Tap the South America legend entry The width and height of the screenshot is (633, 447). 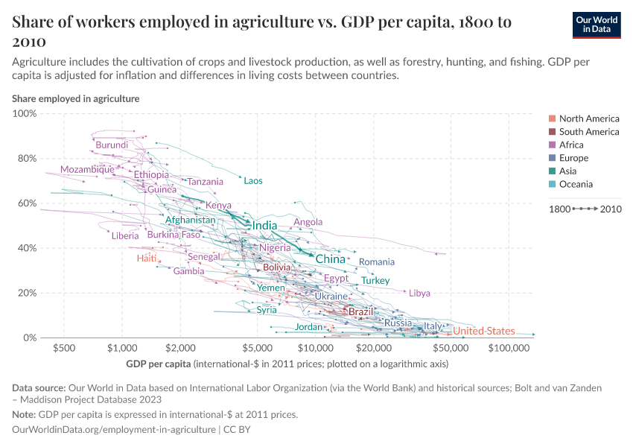[588, 132]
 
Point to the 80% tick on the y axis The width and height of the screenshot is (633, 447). [27, 159]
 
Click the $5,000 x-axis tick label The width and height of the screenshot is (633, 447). [257, 348]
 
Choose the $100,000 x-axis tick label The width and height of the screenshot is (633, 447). [509, 348]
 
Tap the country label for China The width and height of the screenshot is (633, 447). [331, 259]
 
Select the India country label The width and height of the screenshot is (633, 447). [264, 226]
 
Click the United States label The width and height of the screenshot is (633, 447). [483, 332]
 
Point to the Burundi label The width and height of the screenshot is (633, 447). [112, 145]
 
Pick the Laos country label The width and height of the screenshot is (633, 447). [253, 181]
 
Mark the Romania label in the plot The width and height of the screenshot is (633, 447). [376, 262]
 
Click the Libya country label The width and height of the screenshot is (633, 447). [419, 294]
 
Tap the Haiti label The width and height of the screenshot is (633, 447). [147, 259]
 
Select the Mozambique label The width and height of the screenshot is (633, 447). [87, 169]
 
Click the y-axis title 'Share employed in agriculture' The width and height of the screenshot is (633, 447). [75, 98]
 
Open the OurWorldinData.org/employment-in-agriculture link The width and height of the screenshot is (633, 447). [113, 430]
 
